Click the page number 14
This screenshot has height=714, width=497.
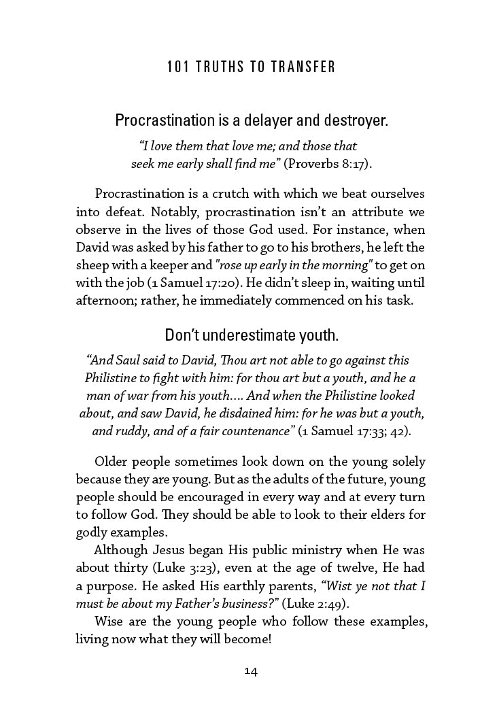pos(251,672)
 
